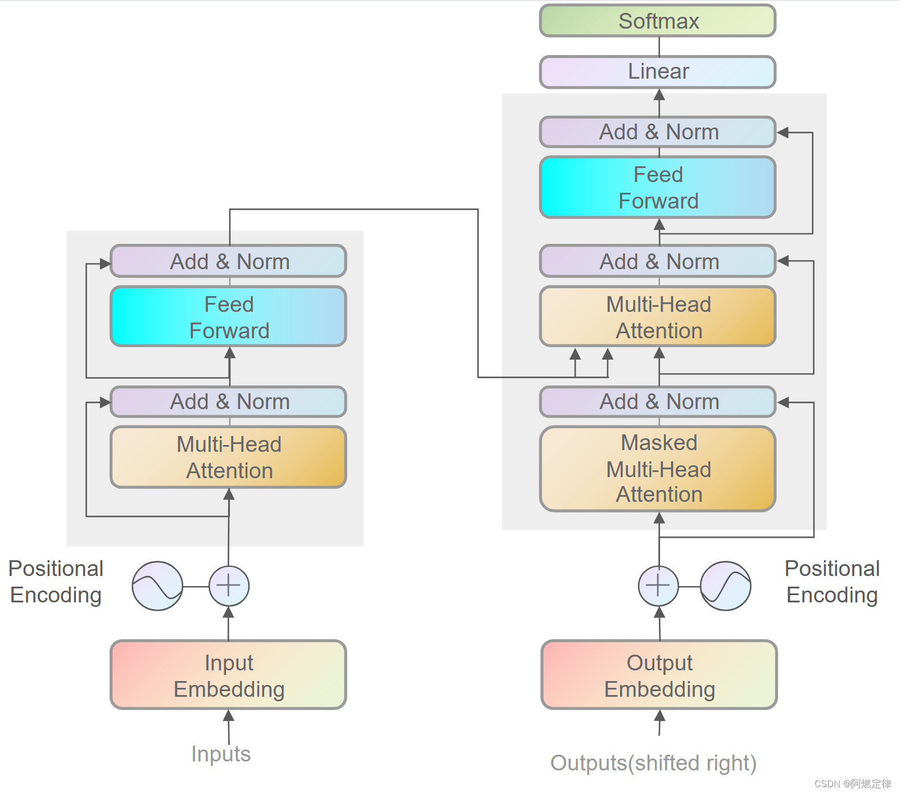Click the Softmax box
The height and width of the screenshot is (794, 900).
658,21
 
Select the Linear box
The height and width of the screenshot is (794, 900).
658,72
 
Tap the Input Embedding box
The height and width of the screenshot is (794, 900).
228,675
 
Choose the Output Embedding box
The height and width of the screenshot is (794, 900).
659,675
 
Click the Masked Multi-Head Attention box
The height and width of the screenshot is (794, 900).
658,469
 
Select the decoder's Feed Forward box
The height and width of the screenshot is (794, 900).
658,188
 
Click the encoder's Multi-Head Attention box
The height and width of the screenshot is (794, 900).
228,457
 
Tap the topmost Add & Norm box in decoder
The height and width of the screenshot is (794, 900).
658,132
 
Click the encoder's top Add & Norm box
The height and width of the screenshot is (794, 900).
228,261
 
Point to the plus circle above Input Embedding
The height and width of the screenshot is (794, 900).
229,586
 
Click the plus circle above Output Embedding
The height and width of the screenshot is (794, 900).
658,586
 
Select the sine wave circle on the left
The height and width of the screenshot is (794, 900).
157,586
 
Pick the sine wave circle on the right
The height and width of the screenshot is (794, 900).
725,586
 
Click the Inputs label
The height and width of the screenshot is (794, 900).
221,754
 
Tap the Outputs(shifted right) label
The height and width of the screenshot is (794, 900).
653,763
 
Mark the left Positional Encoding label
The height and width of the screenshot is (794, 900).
56,582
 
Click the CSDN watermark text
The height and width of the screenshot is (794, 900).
852,784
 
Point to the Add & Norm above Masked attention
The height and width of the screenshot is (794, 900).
658,402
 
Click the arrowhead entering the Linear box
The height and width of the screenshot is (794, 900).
659,94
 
